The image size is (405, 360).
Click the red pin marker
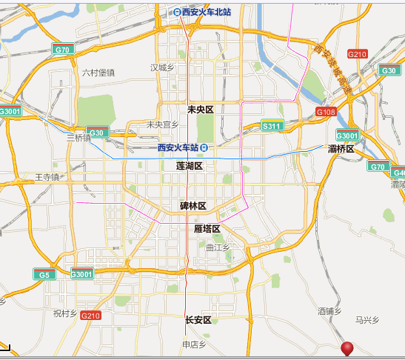click(347, 349)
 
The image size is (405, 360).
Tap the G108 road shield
click(326, 111)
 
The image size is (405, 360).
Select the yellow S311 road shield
click(272, 127)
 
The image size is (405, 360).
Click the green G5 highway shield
click(44, 274)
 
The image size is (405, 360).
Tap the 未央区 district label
click(200, 110)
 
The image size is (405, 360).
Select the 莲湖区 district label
click(190, 166)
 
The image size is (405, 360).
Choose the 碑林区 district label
click(193, 205)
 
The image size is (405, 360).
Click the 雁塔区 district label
click(208, 229)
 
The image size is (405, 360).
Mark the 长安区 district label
click(198, 320)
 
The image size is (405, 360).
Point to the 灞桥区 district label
click(341, 149)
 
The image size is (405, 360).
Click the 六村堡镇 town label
click(98, 72)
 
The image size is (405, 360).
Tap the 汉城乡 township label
click(161, 67)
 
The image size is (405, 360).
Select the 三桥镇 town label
click(78, 137)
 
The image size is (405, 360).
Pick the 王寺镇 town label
click(47, 177)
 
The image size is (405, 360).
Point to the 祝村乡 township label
click(65, 313)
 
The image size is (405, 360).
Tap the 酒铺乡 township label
click(329, 311)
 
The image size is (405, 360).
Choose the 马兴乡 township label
click(366, 320)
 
